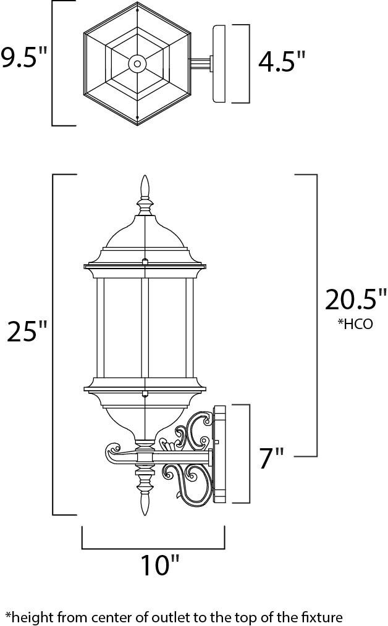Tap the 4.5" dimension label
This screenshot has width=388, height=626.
[282, 62]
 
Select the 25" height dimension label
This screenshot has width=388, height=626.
[26, 333]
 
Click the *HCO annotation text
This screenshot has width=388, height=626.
[355, 324]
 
